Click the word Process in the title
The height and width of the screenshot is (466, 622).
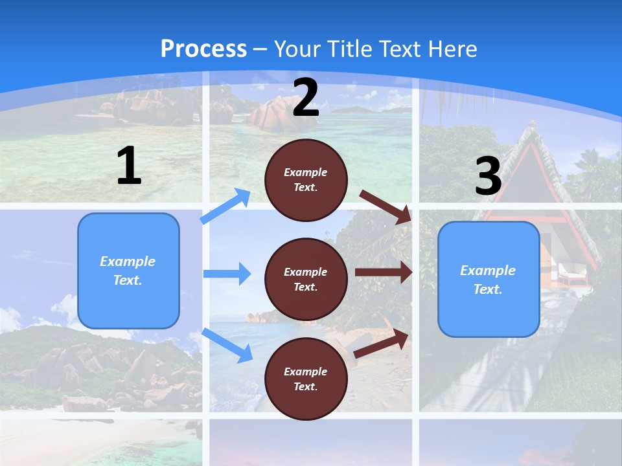click(x=203, y=49)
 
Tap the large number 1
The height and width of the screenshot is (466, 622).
click(x=129, y=166)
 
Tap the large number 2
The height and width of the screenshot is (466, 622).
click(x=306, y=98)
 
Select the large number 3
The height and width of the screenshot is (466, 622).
click(x=488, y=177)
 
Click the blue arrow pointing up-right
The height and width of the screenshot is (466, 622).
click(x=226, y=206)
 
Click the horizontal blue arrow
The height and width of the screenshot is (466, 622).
click(x=227, y=274)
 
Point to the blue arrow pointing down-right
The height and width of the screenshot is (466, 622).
click(x=227, y=344)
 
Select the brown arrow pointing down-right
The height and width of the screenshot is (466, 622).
click(x=386, y=206)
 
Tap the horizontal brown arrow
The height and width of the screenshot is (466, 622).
click(x=383, y=272)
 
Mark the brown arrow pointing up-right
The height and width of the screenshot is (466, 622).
click(x=382, y=344)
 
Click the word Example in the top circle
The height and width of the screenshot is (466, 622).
click(x=305, y=172)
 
